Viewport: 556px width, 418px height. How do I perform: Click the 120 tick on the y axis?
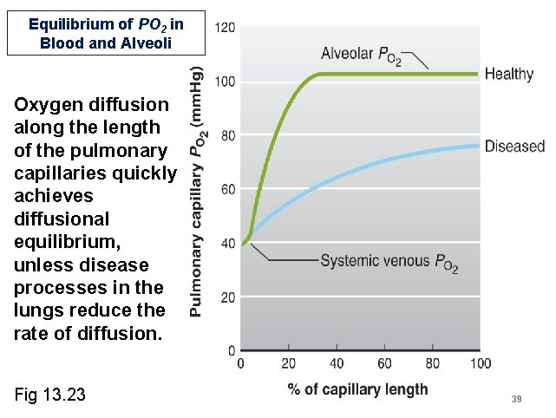pyautogui.click(x=225, y=28)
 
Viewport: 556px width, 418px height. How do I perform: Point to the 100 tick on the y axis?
pyautogui.click(x=225, y=82)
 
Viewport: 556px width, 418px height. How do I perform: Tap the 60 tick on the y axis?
pyautogui.click(x=227, y=189)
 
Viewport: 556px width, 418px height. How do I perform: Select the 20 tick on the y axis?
pyautogui.click(x=227, y=297)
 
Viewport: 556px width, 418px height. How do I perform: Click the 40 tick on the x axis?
pyautogui.click(x=337, y=364)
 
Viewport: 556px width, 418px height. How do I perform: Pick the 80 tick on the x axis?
pyautogui.click(x=432, y=364)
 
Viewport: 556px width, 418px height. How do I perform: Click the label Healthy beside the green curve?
pyautogui.click(x=508, y=75)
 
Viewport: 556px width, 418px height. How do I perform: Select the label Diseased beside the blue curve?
pyautogui.click(x=514, y=147)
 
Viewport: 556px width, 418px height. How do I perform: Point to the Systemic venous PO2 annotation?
pyautogui.click(x=389, y=260)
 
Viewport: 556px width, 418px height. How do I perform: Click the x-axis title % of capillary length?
pyautogui.click(x=357, y=389)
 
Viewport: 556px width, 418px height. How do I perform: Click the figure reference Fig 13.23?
pyautogui.click(x=50, y=395)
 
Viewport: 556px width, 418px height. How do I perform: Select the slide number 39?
pyautogui.click(x=516, y=399)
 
